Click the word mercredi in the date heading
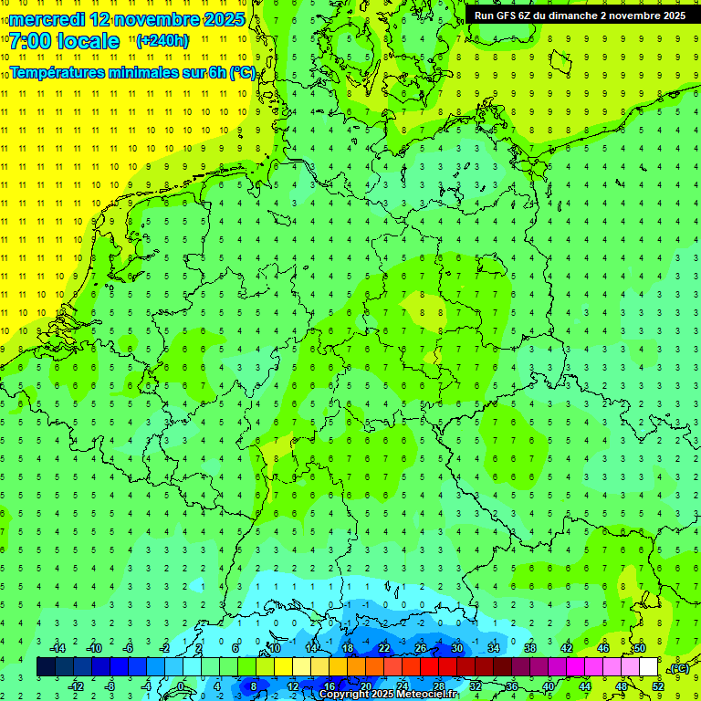[x=48, y=19]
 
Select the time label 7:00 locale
[x=65, y=41]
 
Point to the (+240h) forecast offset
[x=162, y=40]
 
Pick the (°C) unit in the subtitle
[x=242, y=73]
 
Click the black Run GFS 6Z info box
[x=581, y=15]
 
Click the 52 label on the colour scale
[x=658, y=685]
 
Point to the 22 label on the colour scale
[x=384, y=648]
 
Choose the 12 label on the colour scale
[x=293, y=685]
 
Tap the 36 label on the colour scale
[x=512, y=685]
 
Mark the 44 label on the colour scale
[x=585, y=685]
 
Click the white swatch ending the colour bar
[x=649, y=666]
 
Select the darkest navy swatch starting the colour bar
[x=46, y=666]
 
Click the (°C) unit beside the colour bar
[x=679, y=668]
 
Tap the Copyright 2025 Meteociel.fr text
[x=388, y=695]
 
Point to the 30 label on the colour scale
[x=457, y=648]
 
